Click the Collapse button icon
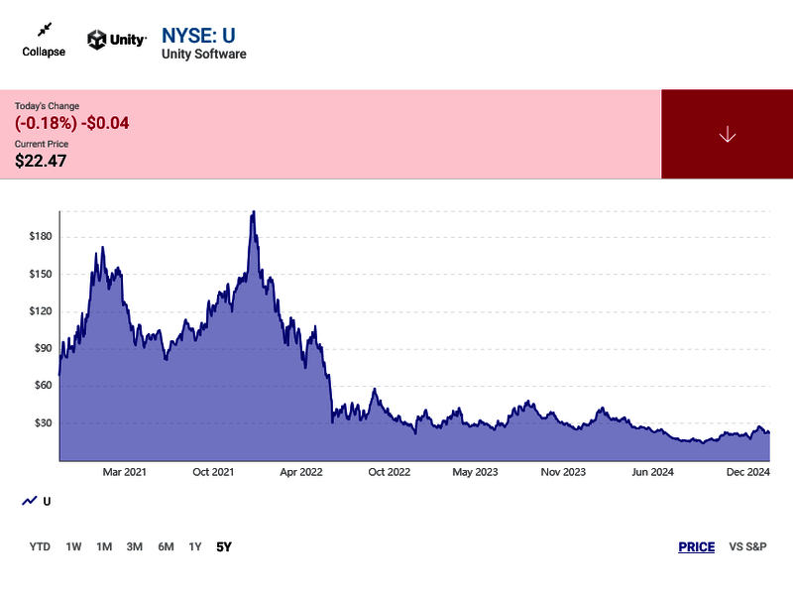click(44, 31)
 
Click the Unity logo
click(117, 40)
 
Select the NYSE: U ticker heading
click(198, 36)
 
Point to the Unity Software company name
click(204, 55)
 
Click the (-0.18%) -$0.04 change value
click(72, 123)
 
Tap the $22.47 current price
click(41, 161)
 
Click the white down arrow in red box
click(727, 135)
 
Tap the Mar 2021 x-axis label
click(124, 472)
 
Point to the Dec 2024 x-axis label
click(745, 472)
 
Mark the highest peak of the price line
click(254, 211)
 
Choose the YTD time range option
click(40, 546)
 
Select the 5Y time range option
click(224, 546)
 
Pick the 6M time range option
click(166, 546)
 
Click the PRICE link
click(696, 546)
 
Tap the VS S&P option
click(747, 546)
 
